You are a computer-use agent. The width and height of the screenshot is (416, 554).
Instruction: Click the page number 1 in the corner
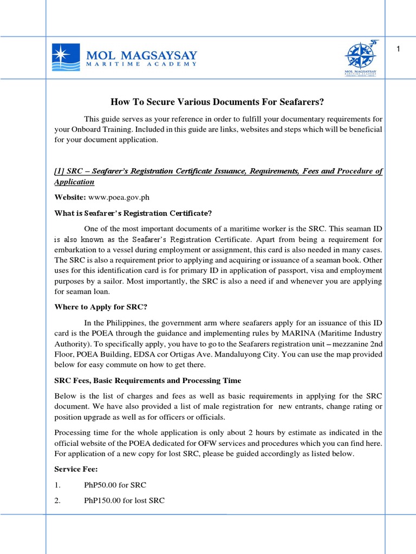(x=398, y=50)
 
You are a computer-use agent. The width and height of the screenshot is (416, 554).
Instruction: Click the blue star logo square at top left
(x=66, y=57)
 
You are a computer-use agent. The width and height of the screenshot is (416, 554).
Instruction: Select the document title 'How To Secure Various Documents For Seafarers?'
(x=217, y=101)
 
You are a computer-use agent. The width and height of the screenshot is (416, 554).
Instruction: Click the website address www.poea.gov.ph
(x=110, y=197)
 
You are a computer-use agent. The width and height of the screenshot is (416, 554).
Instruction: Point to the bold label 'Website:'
(x=69, y=197)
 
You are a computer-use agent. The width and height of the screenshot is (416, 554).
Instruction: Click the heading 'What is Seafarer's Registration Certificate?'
(x=133, y=213)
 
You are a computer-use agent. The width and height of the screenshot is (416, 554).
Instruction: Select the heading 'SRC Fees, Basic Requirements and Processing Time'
(x=148, y=380)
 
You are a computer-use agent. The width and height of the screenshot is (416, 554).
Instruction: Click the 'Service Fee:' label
(x=76, y=469)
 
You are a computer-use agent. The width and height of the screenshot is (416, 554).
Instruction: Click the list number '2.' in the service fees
(x=57, y=500)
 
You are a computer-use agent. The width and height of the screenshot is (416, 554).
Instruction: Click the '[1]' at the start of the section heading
(x=60, y=171)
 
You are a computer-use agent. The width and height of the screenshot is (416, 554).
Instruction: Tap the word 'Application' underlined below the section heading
(x=74, y=182)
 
